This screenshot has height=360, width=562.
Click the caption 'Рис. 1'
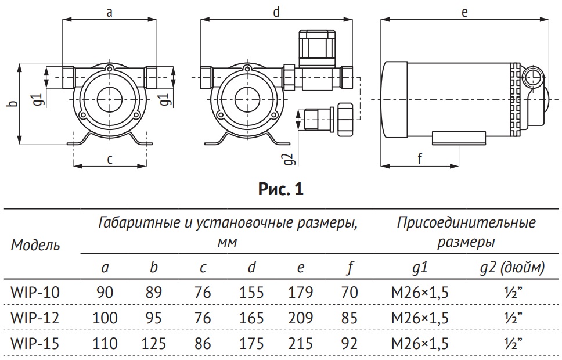point(280,189)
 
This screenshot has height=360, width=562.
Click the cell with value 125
point(154,344)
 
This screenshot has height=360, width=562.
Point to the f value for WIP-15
point(350,344)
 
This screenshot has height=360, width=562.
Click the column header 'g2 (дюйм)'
point(513,268)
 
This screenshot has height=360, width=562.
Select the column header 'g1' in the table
point(419,268)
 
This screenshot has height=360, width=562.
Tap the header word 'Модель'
point(35,244)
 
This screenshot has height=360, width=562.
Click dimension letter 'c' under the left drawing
point(110,159)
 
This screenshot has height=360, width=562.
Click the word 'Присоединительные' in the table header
point(466,223)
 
